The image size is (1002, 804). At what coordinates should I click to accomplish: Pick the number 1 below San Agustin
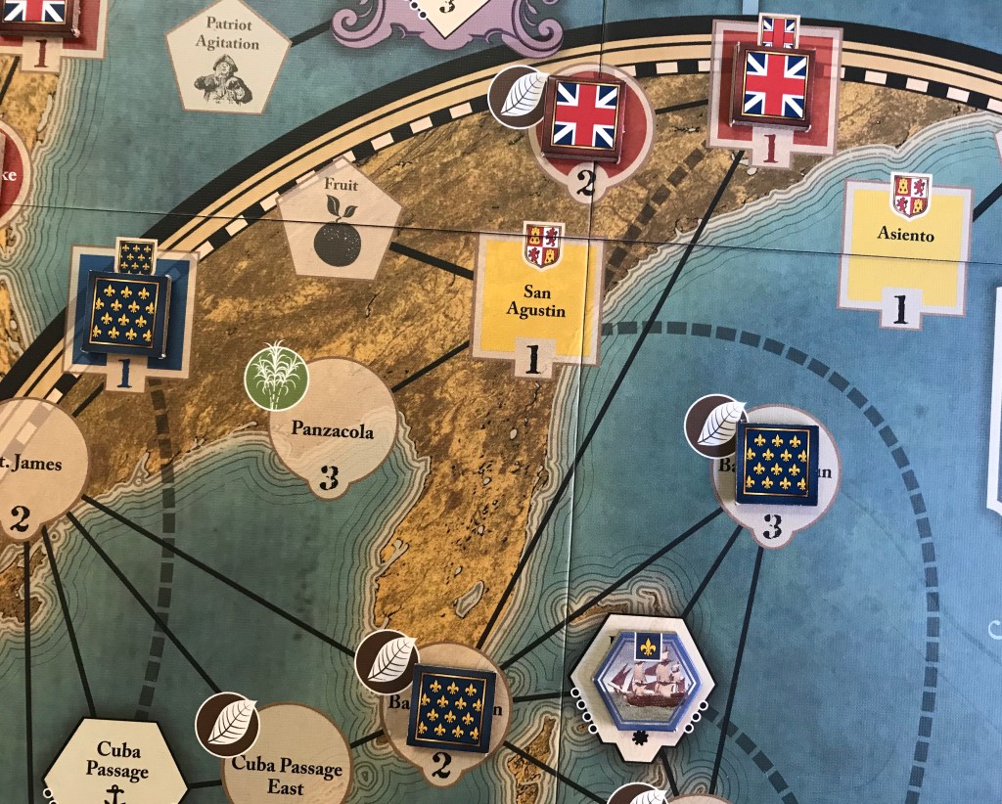(533, 361)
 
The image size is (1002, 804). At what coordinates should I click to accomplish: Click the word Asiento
(906, 235)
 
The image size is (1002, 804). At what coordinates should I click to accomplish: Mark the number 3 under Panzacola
(329, 478)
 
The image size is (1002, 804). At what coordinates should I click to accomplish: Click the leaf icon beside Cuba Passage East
(227, 726)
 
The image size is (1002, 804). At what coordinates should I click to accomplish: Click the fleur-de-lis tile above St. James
(124, 310)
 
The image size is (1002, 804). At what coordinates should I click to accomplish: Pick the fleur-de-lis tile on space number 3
(775, 463)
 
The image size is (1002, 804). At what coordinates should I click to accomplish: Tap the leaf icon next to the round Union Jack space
(519, 95)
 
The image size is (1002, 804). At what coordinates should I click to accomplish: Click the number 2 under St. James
(20, 519)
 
